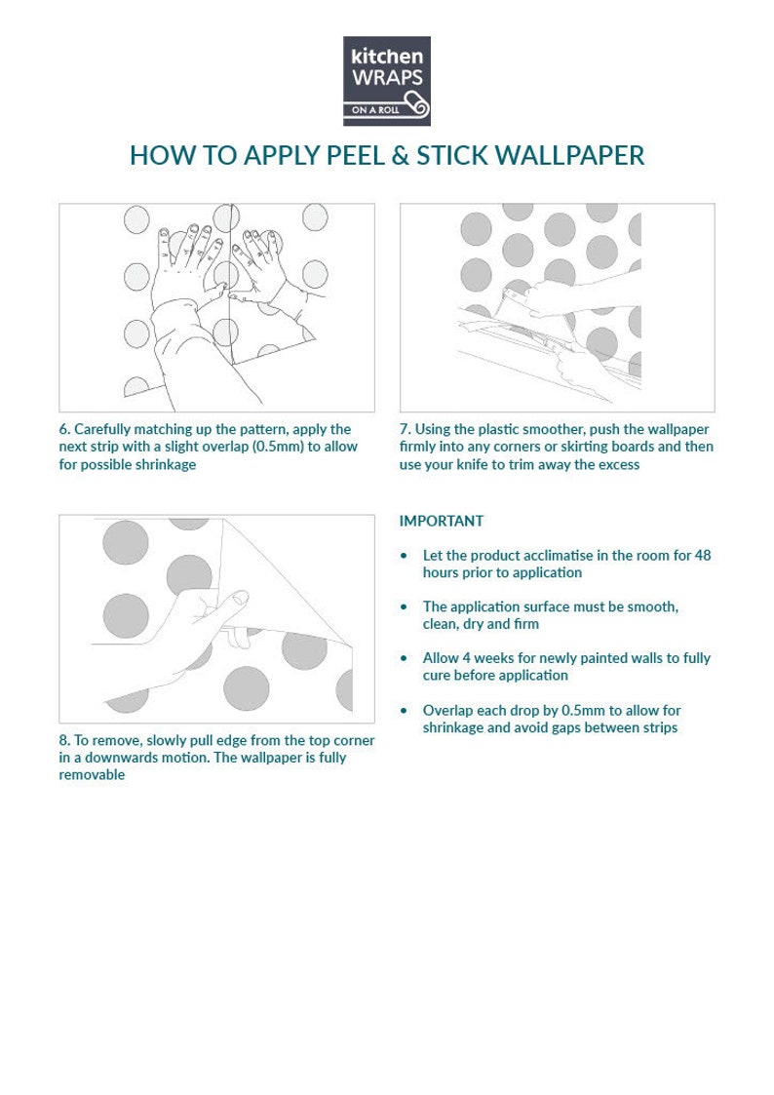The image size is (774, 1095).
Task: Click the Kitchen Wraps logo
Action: coord(387,81)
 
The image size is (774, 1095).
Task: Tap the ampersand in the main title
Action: coord(400,156)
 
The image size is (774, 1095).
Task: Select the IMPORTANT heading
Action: coord(441,521)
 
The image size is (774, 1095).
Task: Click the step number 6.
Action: coord(63,429)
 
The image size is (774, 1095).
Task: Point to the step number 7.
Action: coord(405,429)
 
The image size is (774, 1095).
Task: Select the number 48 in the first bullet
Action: coord(703,555)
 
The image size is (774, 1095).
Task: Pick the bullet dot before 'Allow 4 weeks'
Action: coord(404,658)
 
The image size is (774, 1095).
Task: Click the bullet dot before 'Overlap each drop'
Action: coord(404,711)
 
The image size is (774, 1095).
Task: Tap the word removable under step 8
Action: coord(93,774)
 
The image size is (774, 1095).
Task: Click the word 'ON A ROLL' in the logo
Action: coord(375,109)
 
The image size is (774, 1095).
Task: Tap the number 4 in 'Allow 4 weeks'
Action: coord(467,658)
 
